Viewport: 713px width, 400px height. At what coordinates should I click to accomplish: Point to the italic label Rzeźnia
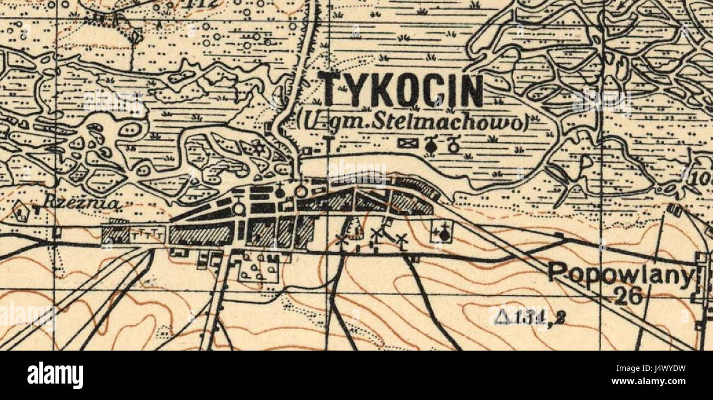(x=82, y=202)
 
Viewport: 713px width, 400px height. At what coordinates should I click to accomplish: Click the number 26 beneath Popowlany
(x=628, y=296)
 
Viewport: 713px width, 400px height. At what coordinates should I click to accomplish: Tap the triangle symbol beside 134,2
(x=500, y=317)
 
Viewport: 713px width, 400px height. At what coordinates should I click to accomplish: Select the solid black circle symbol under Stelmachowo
(x=432, y=145)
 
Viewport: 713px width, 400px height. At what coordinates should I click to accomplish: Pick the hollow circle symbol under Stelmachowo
(x=454, y=145)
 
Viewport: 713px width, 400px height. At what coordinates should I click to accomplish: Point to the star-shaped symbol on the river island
(x=258, y=147)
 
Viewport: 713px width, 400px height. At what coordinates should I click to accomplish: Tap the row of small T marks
(x=148, y=234)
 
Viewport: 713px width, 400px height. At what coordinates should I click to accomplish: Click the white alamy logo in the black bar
(x=55, y=376)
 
